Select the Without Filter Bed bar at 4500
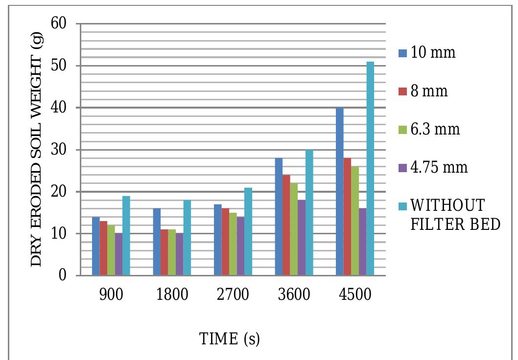pos(370,169)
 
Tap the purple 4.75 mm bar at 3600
pos(302,238)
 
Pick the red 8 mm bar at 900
pos(103,248)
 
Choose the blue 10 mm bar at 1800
pos(157,242)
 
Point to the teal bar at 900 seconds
pos(126,236)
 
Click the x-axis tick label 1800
pos(172,295)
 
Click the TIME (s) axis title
pos(229,338)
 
